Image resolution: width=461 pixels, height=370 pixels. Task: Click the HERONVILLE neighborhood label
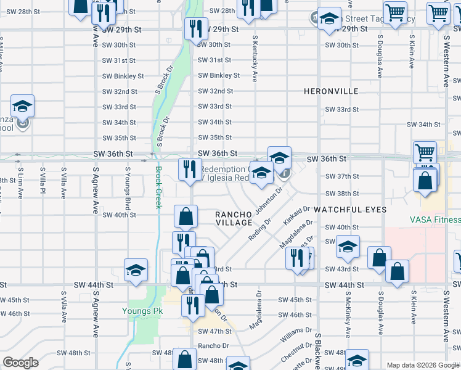pos(331,91)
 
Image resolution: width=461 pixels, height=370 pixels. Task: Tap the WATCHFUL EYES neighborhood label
pos(350,210)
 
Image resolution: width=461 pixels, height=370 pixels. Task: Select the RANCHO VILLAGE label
pos(234,218)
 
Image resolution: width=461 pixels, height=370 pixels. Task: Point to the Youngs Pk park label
pos(142,311)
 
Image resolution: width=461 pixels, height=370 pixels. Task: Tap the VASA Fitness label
pos(435,220)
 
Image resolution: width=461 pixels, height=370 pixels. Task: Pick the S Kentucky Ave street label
pos(255,59)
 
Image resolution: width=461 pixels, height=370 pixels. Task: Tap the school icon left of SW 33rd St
pos(23,106)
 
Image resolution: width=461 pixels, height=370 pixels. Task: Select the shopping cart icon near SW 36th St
pos(425,152)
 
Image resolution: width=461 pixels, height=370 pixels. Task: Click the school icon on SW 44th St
pos(136,269)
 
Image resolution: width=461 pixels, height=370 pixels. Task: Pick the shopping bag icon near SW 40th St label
pos(186,216)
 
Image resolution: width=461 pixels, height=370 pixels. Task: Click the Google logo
pos(21,363)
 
